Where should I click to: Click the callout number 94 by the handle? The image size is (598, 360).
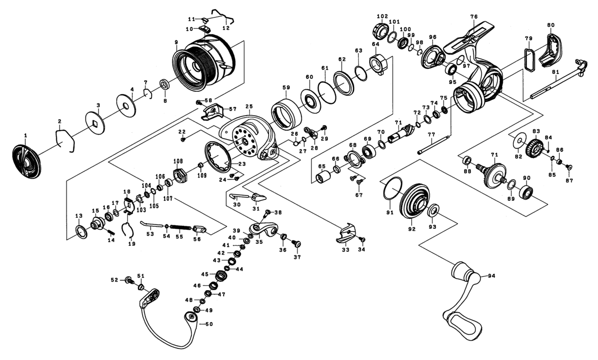(492, 276)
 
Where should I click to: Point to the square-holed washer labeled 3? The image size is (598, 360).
(94, 122)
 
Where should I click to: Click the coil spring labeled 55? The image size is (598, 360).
(180, 227)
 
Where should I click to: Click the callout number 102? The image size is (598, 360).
(382, 16)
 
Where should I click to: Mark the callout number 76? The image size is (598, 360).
(473, 17)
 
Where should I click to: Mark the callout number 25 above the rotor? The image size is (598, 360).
(249, 106)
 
